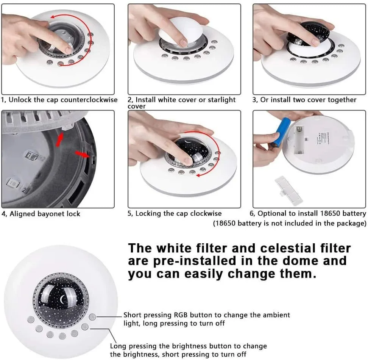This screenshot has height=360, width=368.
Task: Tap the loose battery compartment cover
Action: [288, 191]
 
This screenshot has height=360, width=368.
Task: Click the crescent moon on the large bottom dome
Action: [62, 299]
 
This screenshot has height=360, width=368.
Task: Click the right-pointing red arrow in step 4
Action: [82, 154]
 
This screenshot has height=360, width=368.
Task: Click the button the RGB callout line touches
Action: [92, 317]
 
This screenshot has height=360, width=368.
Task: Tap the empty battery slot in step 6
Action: [299, 141]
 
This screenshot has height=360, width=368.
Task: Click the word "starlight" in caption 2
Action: [222, 100]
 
